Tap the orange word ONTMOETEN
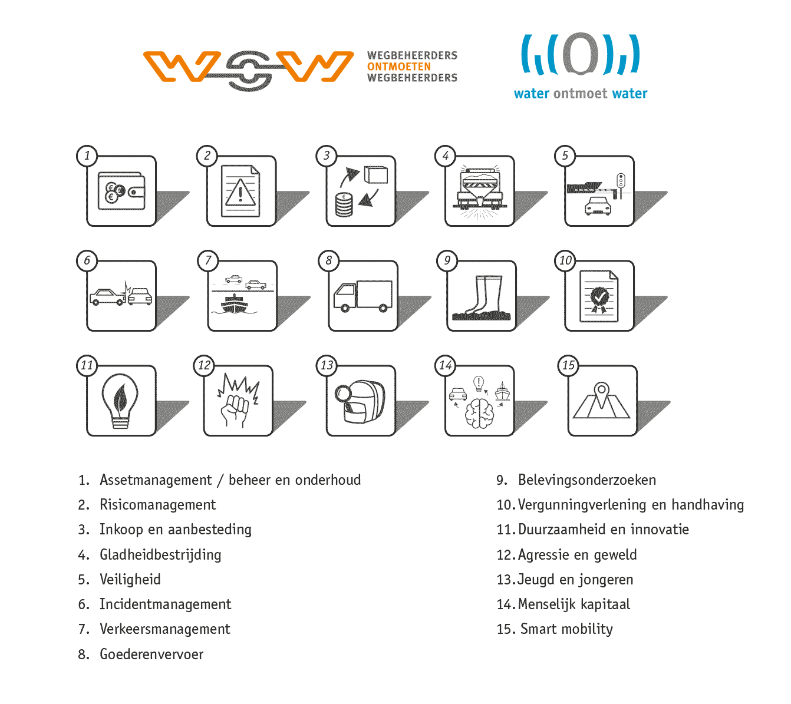pyautogui.click(x=399, y=67)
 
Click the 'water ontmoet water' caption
pyautogui.click(x=581, y=94)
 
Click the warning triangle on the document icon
pyautogui.click(x=240, y=193)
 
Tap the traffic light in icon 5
pyautogui.click(x=621, y=180)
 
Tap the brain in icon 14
pyautogui.click(x=480, y=412)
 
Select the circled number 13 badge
pyautogui.click(x=327, y=365)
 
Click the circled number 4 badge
pyautogui.click(x=446, y=156)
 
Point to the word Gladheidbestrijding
pyautogui.click(x=160, y=555)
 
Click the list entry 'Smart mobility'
pyautogui.click(x=566, y=629)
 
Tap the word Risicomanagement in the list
pyautogui.click(x=157, y=505)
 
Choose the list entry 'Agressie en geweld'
pyautogui.click(x=577, y=555)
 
